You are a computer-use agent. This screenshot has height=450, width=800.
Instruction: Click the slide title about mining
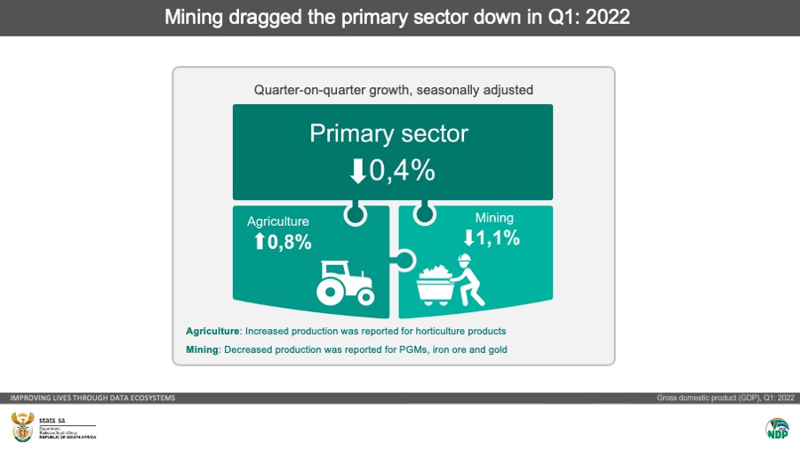pos(397,17)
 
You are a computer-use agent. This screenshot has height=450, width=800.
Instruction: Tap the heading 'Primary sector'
pos(388,134)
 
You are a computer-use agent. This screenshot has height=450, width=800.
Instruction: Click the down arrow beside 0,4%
pos(358,170)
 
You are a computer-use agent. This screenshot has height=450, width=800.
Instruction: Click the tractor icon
pos(344,282)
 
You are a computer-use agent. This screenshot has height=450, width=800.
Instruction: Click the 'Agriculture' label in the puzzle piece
pos(278,221)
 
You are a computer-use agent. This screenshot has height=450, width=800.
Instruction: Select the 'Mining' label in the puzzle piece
pos(494,217)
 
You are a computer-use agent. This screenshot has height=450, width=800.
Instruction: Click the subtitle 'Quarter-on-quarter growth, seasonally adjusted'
pos(393,90)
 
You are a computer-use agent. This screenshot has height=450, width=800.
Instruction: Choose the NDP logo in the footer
pos(777,427)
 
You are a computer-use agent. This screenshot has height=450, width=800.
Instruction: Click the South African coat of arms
pos(21,426)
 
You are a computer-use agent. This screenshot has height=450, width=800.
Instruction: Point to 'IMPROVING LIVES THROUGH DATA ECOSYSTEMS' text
pos(92,398)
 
